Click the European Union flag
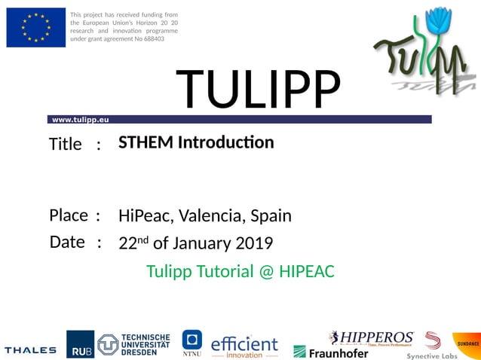35,28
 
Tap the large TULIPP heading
259,89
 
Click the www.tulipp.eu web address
81,120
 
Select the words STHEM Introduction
196,142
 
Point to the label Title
65,145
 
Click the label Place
69,215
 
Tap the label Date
67,243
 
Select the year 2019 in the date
254,243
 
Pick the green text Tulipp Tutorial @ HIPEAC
240,271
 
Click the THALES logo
30,349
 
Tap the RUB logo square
80,344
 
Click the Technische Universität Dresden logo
134,344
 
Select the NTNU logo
192,343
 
